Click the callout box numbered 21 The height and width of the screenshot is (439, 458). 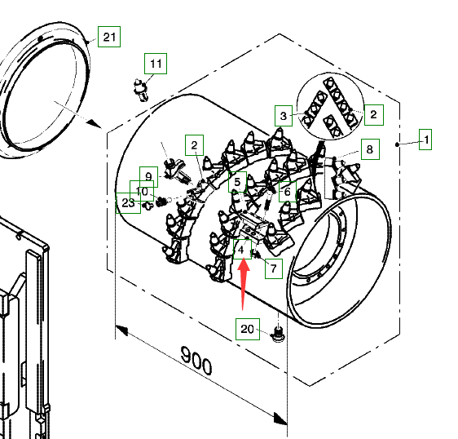coord(109,37)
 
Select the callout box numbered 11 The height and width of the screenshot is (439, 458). coord(156,64)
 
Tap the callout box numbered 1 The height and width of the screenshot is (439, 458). coord(425,140)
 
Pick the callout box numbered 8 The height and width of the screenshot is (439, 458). coord(370,149)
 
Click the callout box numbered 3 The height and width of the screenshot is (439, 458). coord(284,116)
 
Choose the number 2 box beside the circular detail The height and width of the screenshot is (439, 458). coord(374,115)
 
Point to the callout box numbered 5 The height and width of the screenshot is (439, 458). coord(237,182)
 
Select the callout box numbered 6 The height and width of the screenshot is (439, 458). coord(288,192)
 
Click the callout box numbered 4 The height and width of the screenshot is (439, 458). coord(242,249)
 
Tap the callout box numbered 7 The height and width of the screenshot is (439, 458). coord(274,268)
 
